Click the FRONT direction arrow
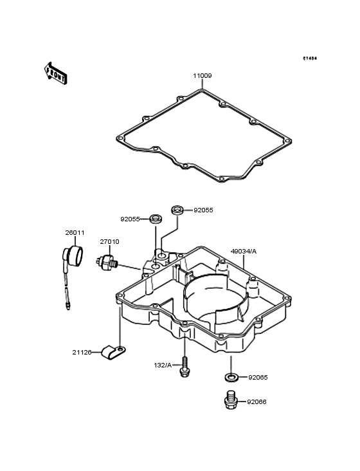click(55, 73)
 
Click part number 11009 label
click(203, 76)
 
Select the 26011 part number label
click(75, 233)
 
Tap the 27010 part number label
click(109, 241)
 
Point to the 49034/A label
click(243, 252)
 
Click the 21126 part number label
click(82, 353)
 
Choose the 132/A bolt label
click(163, 365)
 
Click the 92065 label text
click(258, 378)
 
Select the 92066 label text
click(256, 402)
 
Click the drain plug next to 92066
click(231, 400)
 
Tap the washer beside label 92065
click(231, 376)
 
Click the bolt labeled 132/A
click(184, 366)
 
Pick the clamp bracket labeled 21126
click(113, 353)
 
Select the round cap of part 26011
click(76, 255)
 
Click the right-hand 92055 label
click(203, 210)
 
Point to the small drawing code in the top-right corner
click(309, 59)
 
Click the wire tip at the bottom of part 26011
click(68, 306)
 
